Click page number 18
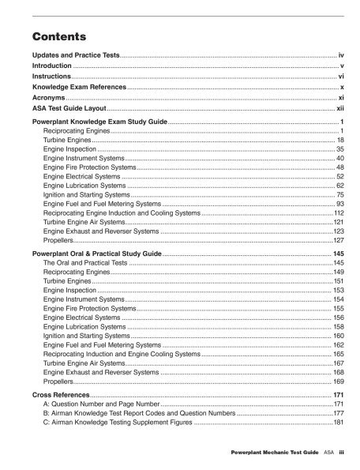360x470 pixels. pos(339,139)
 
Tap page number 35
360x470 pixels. pos(339,149)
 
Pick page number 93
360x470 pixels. pos(339,204)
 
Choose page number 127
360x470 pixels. pos(338,240)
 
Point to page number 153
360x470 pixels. pos(338,290)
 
